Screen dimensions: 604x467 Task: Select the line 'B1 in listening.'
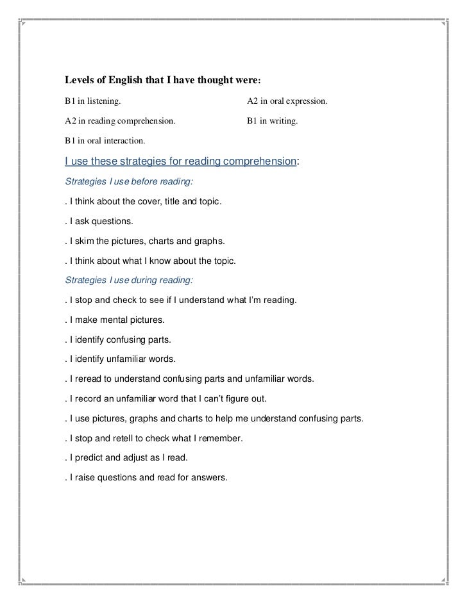92,101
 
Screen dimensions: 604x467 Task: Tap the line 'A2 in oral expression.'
287,101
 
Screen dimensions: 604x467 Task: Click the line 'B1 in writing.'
273,120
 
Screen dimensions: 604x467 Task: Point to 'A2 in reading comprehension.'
119,120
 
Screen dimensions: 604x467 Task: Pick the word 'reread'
89,379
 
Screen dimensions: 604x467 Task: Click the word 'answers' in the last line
209,478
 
